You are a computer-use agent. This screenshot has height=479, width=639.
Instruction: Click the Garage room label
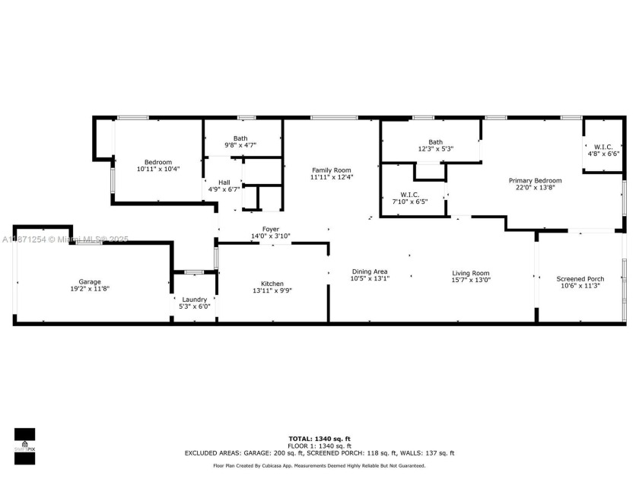pos(90,282)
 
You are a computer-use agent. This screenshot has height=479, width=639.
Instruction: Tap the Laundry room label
pos(194,299)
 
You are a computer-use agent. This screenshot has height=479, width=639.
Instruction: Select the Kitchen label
pos(272,284)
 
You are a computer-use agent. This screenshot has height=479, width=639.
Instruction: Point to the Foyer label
pos(271,229)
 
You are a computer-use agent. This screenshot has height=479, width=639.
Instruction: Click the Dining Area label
pos(370,271)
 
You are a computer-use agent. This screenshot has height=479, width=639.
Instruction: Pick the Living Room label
pos(471,273)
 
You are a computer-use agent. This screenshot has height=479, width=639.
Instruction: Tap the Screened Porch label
pos(580,279)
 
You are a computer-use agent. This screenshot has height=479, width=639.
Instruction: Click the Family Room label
pos(331,170)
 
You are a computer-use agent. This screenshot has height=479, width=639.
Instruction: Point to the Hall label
pos(224,182)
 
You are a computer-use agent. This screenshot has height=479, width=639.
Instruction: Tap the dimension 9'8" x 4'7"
pos(240,144)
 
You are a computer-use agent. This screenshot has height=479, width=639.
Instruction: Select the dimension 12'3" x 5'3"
pos(435,149)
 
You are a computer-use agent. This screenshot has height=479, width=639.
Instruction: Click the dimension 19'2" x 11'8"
pos(90,289)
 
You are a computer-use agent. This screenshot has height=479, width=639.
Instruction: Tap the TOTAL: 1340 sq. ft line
pos(319,439)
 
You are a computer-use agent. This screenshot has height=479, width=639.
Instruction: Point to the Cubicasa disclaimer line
pos(319,465)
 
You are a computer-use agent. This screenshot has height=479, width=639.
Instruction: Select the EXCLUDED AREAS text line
pos(319,453)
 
